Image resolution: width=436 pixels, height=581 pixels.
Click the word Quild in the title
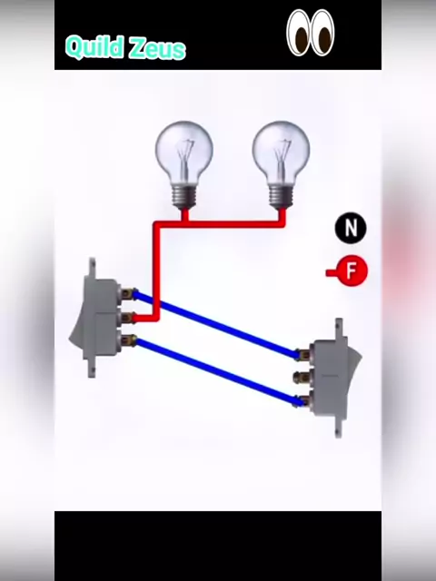point(94,46)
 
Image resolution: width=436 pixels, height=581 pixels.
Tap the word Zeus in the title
point(155,48)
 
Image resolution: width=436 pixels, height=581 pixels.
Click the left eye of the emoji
point(299,33)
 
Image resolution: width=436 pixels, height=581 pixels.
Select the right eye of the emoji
point(322,33)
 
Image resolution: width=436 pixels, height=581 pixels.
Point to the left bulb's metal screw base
point(184,197)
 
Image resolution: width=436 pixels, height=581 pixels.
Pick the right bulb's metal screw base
point(282,197)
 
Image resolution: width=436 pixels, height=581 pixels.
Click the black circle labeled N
point(351,228)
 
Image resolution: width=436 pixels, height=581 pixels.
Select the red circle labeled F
point(352,271)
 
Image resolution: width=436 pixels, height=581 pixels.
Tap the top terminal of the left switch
point(127,293)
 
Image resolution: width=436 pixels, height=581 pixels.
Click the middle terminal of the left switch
point(127,317)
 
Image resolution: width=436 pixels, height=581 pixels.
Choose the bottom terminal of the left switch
point(127,340)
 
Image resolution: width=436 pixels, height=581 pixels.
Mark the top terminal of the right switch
point(302,355)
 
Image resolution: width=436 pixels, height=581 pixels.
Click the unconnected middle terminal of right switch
point(302,378)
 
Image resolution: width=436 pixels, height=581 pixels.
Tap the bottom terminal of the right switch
point(302,400)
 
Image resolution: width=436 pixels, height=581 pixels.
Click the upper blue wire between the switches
point(216,324)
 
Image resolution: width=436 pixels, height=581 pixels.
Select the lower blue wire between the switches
point(216,370)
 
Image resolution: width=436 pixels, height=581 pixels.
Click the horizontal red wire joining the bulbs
point(220,224)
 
